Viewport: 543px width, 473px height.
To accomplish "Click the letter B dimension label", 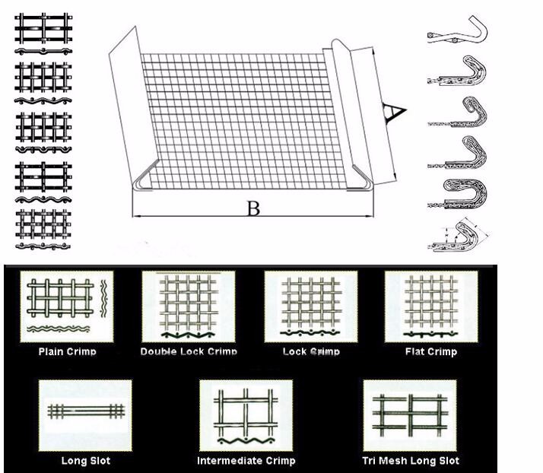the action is tap(253, 208).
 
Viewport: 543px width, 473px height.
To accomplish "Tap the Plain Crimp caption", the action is tap(67, 352).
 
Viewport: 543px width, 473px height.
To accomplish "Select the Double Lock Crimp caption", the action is tap(189, 352).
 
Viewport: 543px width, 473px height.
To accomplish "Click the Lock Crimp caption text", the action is tap(311, 352).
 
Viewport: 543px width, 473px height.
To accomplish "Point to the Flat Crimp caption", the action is tap(431, 352).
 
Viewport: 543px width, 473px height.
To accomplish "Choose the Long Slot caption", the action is tap(85, 461).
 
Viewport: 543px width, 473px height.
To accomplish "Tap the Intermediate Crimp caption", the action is tap(246, 461).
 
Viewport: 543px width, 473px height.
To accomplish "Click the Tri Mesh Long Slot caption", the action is tap(411, 461).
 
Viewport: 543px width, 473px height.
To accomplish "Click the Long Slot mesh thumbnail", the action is tap(85, 415).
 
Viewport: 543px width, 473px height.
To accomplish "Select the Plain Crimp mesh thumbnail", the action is tap(67, 306).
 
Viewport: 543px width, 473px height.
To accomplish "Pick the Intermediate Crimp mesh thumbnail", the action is tap(246, 415).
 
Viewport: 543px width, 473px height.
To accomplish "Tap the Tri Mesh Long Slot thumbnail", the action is tap(410, 415).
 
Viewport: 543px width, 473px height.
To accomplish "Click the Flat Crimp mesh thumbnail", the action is tap(431, 306).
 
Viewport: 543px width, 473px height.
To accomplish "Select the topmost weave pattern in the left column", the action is tap(43, 33).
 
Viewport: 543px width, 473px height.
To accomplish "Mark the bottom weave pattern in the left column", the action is tap(43, 229).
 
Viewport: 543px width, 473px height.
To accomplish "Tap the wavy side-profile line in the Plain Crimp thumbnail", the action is tap(58, 329).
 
